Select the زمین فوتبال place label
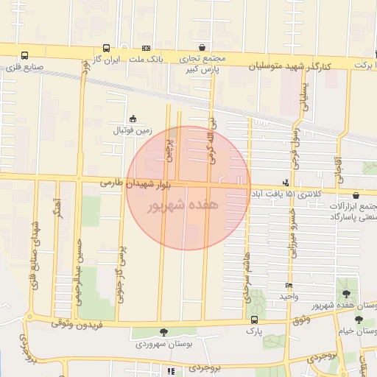pyautogui.click(x=132, y=130)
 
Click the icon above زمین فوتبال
pyautogui.click(x=133, y=118)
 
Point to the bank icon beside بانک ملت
pyautogui.click(x=146, y=46)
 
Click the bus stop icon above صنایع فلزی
pyautogui.click(x=24, y=55)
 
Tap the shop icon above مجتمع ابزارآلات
pyautogui.click(x=356, y=196)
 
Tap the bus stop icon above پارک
pyautogui.click(x=254, y=320)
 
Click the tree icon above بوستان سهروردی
pyautogui.click(x=163, y=332)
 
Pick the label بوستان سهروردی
pyautogui.click(x=163, y=344)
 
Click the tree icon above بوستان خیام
pyautogui.click(x=359, y=320)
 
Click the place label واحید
pyautogui.click(x=287, y=296)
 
